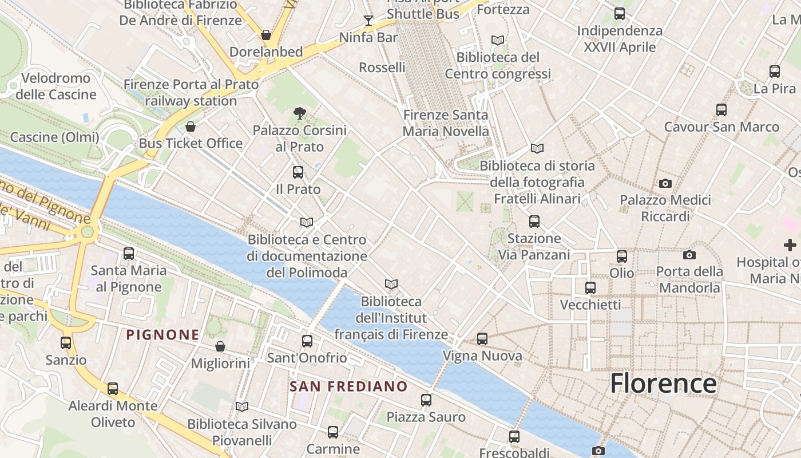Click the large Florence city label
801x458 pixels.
tap(663, 383)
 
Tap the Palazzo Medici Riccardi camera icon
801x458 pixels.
tap(665, 184)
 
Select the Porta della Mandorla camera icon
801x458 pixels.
tap(689, 255)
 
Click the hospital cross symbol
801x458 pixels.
tap(790, 245)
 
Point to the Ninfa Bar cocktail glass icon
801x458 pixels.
tap(368, 21)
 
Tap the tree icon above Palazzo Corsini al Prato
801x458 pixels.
tap(299, 113)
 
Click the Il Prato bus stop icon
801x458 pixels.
tap(298, 172)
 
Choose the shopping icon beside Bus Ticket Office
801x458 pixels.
tap(191, 127)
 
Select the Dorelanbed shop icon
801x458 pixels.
tap(266, 35)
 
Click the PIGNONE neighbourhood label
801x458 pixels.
tap(163, 335)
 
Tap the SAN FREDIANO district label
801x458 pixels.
tap(348, 386)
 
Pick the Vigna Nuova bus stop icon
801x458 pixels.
tap(482, 339)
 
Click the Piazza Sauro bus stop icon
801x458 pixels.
tap(426, 400)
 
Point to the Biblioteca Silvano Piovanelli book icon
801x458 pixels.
tap(242, 406)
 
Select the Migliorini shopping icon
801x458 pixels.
tap(220, 346)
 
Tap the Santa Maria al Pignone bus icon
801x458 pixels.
tap(129, 253)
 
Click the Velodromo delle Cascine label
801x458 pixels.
tap(56, 86)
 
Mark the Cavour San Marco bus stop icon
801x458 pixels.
tap(721, 109)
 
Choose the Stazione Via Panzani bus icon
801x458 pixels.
tap(534, 221)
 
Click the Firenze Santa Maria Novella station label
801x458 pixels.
tap(446, 123)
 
